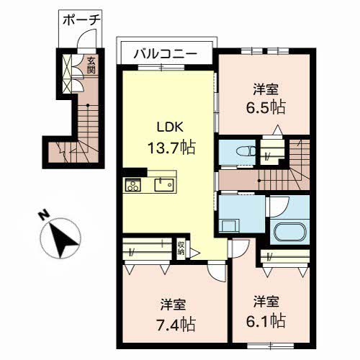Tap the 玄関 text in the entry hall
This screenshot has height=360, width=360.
tap(91, 66)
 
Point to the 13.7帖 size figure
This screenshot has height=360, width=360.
tap(171, 148)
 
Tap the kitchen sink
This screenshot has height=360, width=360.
tap(165, 185)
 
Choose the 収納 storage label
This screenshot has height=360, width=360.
tap(182, 249)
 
